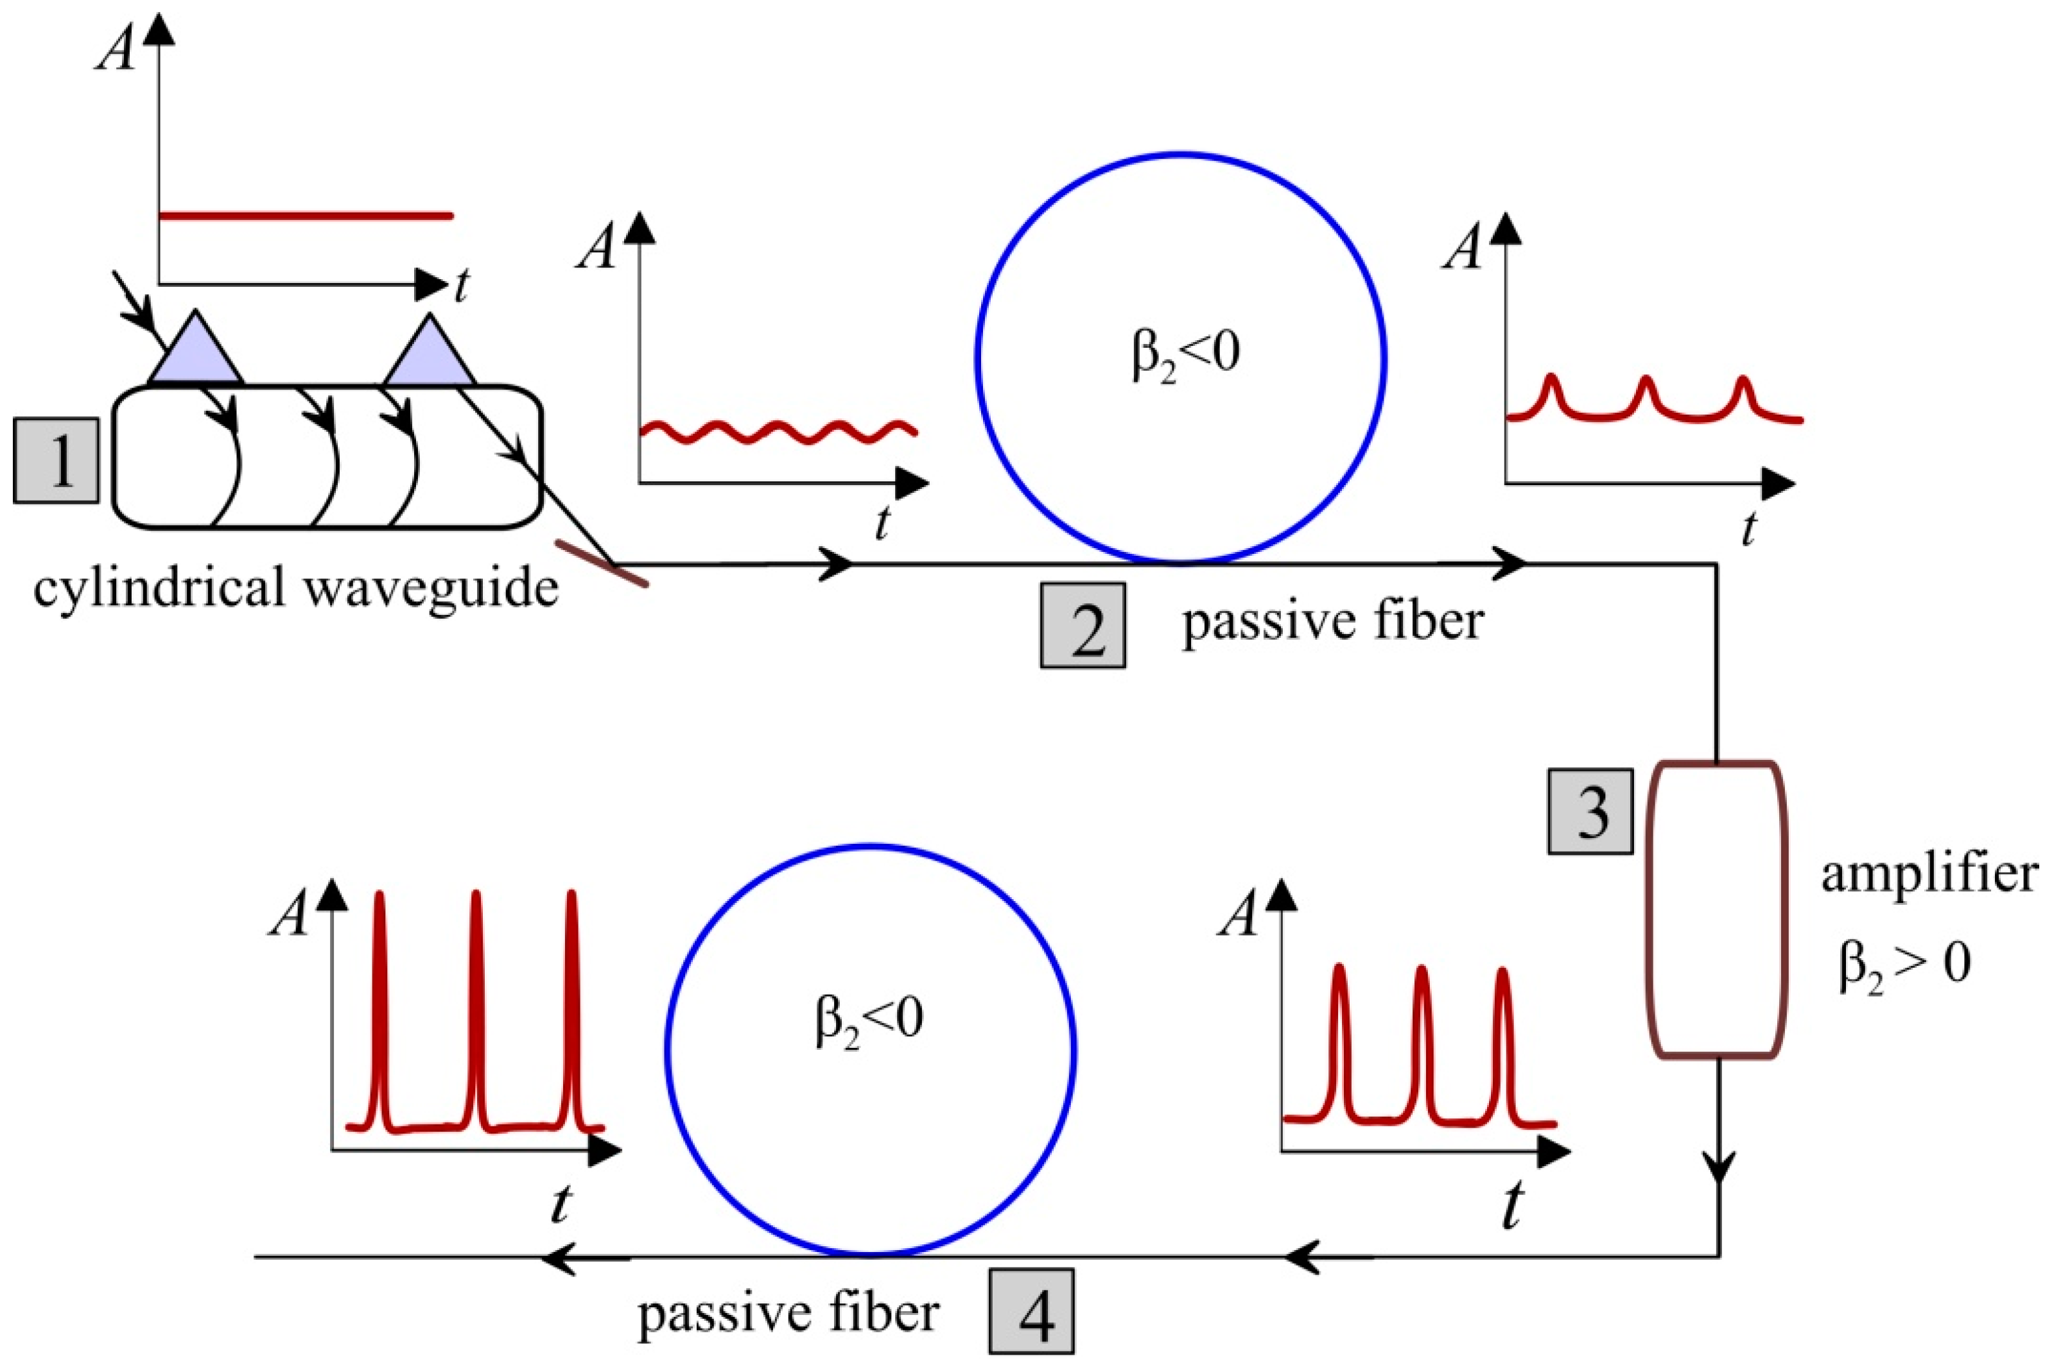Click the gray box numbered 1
[57, 461]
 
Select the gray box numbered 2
[1083, 625]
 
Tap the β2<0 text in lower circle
[868, 1020]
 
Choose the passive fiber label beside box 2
[1332, 622]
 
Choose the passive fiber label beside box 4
[788, 1314]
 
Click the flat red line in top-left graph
[305, 215]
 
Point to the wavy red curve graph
[778, 431]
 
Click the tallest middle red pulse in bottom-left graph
[475, 1010]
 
